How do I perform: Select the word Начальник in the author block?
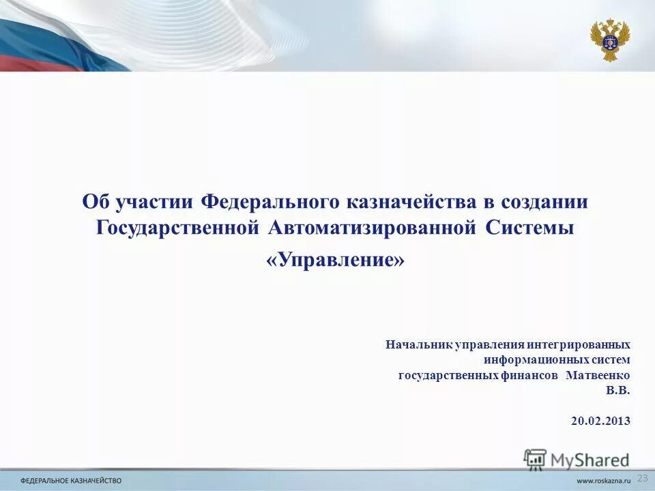point(418,345)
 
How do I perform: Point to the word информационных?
point(533,360)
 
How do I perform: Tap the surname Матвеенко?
point(598,376)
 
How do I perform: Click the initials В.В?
point(618,391)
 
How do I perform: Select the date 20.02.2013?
point(600,421)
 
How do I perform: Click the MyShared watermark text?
point(589,459)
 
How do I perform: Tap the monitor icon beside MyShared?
point(536,459)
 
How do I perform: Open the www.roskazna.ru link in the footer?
point(604,481)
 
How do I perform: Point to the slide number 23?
point(642,477)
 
